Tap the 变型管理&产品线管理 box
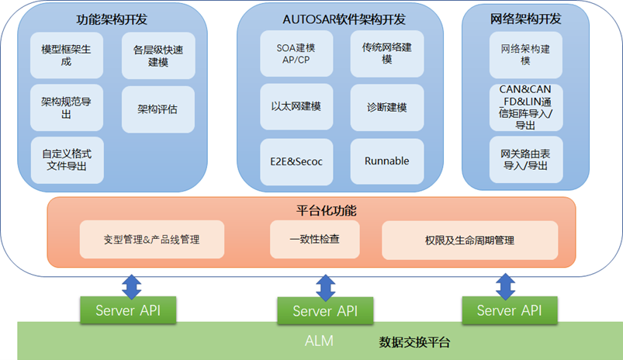pos(152,240)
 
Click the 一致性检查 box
pos(314,240)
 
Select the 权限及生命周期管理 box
pos(469,241)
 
